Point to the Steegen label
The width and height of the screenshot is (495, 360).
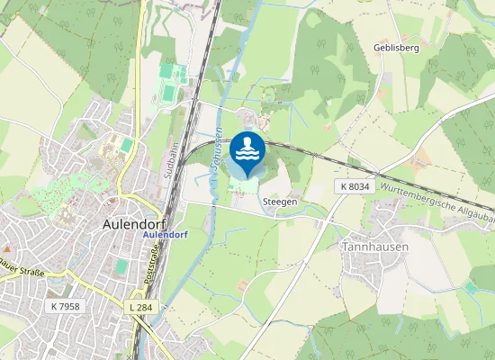pos(280,202)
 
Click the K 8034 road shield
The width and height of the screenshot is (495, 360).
pos(355,185)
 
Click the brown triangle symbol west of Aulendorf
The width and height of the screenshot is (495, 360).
pos(6,246)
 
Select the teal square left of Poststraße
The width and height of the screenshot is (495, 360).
pos(119,266)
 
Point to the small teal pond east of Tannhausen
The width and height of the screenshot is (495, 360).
pos(471,287)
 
